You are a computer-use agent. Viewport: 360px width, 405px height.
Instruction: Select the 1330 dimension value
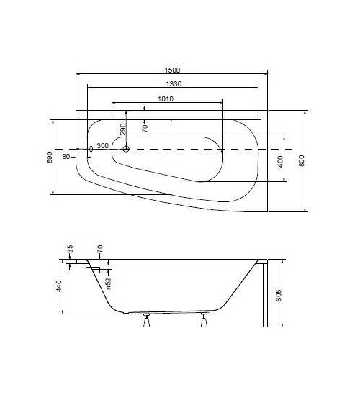[x=171, y=85]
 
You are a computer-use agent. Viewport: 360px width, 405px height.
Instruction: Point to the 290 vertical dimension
[x=122, y=129]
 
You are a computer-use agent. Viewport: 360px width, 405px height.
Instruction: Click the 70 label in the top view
[x=144, y=128]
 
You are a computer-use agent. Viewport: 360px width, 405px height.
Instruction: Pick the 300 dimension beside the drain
[x=102, y=146]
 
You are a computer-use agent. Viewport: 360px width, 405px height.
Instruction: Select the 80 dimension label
[x=66, y=156]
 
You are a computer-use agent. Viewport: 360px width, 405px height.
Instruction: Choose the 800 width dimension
[x=301, y=161]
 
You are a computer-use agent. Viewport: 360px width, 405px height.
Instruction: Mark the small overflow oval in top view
[x=90, y=149]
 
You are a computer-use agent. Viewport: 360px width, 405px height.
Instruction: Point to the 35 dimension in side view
[x=70, y=249]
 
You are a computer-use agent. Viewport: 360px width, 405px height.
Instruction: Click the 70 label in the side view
[x=100, y=249]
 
